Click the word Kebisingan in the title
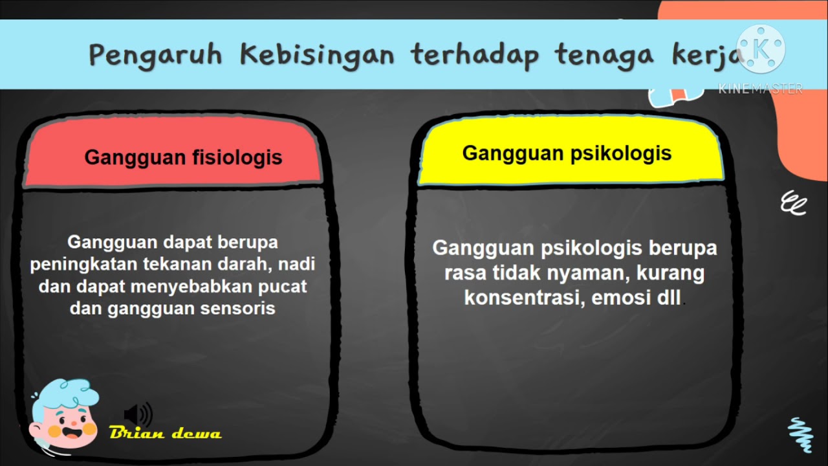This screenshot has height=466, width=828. tap(316, 56)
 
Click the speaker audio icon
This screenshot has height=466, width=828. tap(138, 414)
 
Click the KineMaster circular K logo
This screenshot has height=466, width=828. tap(761, 49)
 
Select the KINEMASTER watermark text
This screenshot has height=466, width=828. tap(760, 89)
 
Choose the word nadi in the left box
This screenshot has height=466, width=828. tap(300, 264)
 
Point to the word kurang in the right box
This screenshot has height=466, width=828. tap(671, 273)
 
